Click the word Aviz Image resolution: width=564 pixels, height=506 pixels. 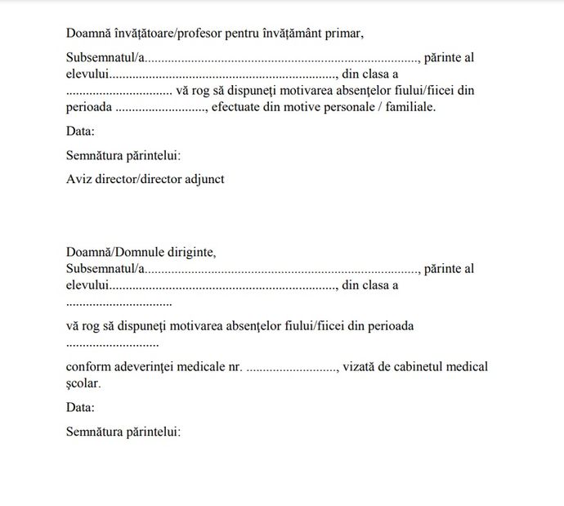[79, 179]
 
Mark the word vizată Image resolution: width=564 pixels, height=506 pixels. [360, 366]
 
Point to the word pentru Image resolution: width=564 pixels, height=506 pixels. [256, 34]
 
